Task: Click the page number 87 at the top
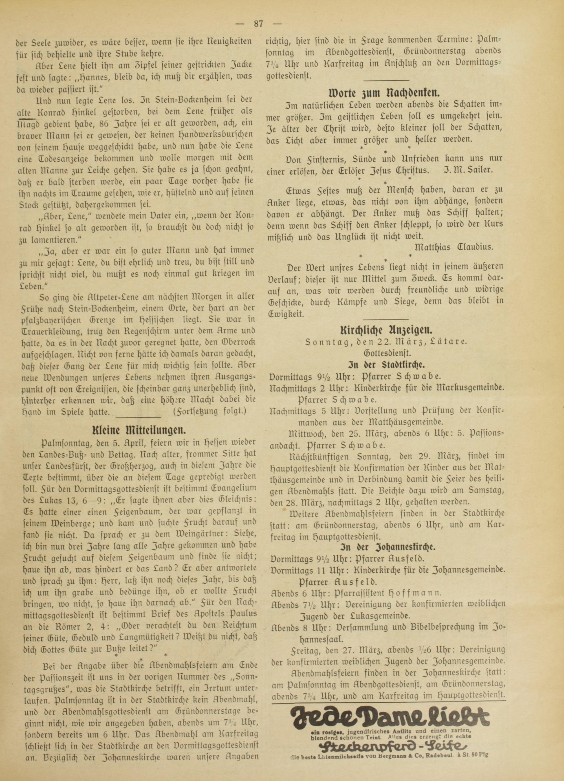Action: coord(258,24)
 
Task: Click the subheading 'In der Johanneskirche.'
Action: coord(387,548)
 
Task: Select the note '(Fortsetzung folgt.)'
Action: coord(210,411)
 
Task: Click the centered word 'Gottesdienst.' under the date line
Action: coord(387,353)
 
